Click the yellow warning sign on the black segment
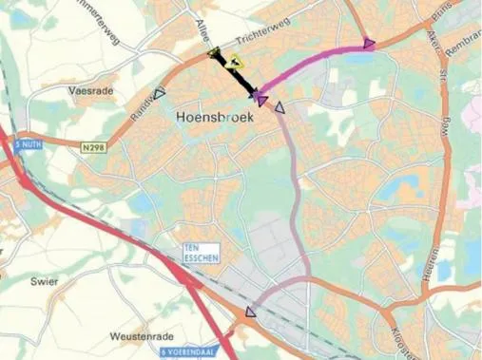[234, 61]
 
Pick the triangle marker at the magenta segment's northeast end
[369, 43]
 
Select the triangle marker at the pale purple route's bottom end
[251, 311]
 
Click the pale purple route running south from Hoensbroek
[298, 190]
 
